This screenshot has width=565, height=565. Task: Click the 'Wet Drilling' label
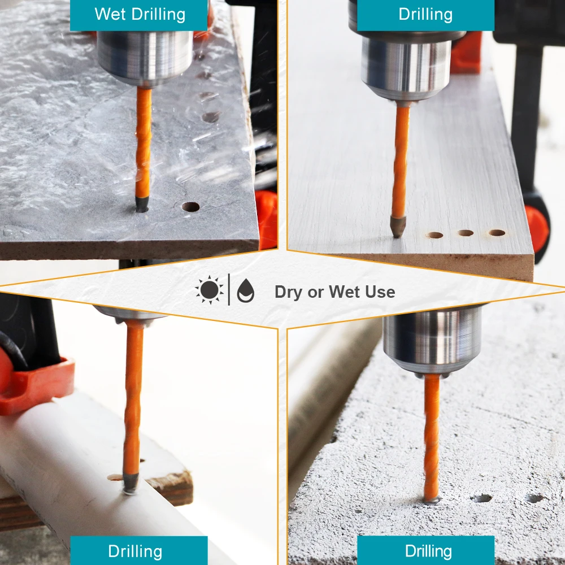point(140,15)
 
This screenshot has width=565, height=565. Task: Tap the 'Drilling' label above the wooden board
point(425,15)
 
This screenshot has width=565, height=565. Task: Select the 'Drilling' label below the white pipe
point(135,551)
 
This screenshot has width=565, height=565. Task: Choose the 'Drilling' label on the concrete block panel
point(428,551)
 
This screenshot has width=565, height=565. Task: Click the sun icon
point(210,290)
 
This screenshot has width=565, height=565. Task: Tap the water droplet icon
point(246,290)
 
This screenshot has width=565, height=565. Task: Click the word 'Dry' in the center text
point(288,292)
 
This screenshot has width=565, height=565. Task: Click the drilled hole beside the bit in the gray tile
point(190,207)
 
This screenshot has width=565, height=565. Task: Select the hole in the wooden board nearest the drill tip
point(435,235)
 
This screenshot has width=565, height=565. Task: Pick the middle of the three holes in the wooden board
point(466,233)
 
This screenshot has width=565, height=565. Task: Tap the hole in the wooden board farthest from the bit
point(497,233)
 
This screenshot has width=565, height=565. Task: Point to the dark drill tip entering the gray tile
point(142,205)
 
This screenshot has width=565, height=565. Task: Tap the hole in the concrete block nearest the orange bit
point(482,498)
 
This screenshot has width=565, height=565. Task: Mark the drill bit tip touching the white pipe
point(131,483)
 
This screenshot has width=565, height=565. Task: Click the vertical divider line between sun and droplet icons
point(229,290)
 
